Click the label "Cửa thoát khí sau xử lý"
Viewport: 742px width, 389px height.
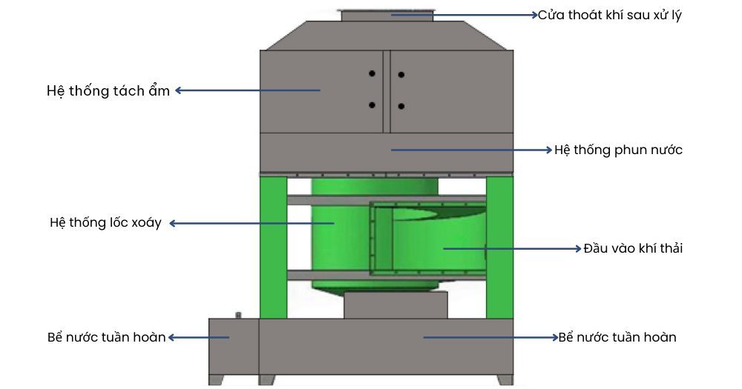tap(609, 15)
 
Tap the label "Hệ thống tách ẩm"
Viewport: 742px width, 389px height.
tap(108, 90)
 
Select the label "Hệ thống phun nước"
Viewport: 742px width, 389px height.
tap(618, 150)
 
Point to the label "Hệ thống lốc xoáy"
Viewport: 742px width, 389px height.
tap(105, 222)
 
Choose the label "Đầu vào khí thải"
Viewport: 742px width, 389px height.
tap(633, 248)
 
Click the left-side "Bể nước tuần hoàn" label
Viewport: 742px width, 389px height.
tap(106, 337)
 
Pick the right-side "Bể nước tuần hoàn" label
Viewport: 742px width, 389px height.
tap(617, 337)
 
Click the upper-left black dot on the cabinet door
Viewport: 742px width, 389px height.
tap(372, 73)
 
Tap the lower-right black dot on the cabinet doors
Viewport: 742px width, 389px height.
tap(401, 107)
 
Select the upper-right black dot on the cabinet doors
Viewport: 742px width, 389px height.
tap(401, 75)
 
